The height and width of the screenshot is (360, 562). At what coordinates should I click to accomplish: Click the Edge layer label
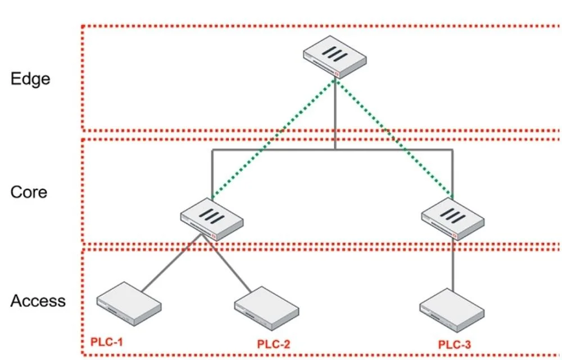point(30,79)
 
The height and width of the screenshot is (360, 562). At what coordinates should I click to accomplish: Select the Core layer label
point(29,192)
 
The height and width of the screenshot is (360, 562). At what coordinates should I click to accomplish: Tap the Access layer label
point(38,301)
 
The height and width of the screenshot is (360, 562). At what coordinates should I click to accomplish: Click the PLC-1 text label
point(106,341)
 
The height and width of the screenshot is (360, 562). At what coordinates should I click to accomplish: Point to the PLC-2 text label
point(274,344)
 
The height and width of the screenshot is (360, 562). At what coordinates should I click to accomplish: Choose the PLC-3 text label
point(455,345)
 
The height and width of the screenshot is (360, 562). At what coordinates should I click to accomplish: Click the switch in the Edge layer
point(335,57)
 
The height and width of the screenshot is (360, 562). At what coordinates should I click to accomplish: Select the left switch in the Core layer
point(212,219)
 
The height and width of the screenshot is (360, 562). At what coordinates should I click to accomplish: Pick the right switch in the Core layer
point(453,219)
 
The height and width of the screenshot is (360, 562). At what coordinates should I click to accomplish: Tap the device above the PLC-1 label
point(129,304)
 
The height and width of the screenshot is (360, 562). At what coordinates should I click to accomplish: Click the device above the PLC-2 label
point(266,308)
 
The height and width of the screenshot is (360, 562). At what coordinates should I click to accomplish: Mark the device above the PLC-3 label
point(452,310)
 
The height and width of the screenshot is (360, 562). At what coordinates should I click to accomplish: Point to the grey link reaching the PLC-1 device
point(171,263)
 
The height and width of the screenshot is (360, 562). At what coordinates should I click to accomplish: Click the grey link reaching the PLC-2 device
point(226,263)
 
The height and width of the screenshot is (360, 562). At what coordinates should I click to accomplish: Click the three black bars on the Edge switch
point(335,54)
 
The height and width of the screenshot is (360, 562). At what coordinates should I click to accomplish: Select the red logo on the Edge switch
point(337,74)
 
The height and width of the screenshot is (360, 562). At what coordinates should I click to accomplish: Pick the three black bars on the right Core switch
point(453,215)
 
